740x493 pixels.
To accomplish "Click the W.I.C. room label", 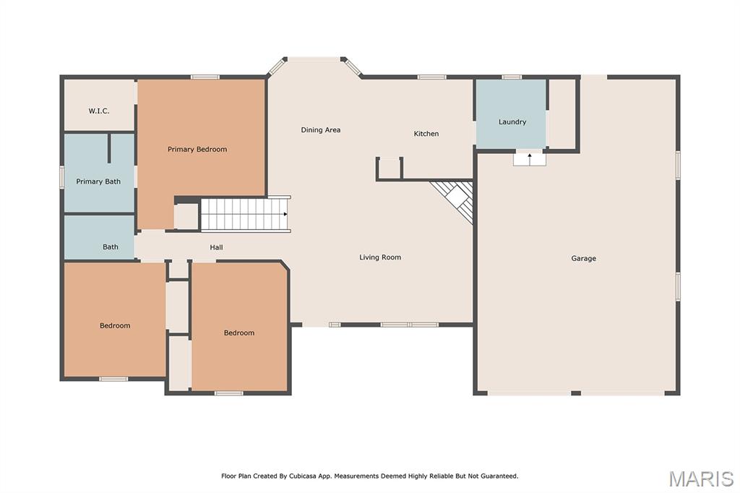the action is pos(98,111).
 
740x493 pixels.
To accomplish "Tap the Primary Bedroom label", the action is pos(197,149).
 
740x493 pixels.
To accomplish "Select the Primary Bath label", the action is pos(98,181).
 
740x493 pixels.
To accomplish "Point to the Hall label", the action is pos(216,247).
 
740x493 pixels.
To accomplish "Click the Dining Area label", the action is pos(320,130).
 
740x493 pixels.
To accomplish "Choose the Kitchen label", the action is pos(426,134).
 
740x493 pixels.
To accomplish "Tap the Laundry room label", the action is pos(512,122).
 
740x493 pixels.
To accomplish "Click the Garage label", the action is pos(583,258).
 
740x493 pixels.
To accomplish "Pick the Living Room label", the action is pos(380,257).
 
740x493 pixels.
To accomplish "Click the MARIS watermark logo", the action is pos(701,479).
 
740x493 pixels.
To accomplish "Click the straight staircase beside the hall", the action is pos(245,214).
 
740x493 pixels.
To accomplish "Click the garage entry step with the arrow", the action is pos(530,159).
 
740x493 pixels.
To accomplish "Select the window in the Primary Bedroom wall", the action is pos(205,77).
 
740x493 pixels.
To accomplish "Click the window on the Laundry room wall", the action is pos(512,77).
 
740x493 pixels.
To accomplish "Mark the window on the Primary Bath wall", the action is pos(62,177).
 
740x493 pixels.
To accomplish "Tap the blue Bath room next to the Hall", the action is pos(99,237).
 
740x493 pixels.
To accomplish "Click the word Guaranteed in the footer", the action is pos(499,476).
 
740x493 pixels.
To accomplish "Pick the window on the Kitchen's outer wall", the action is pos(432,77).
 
